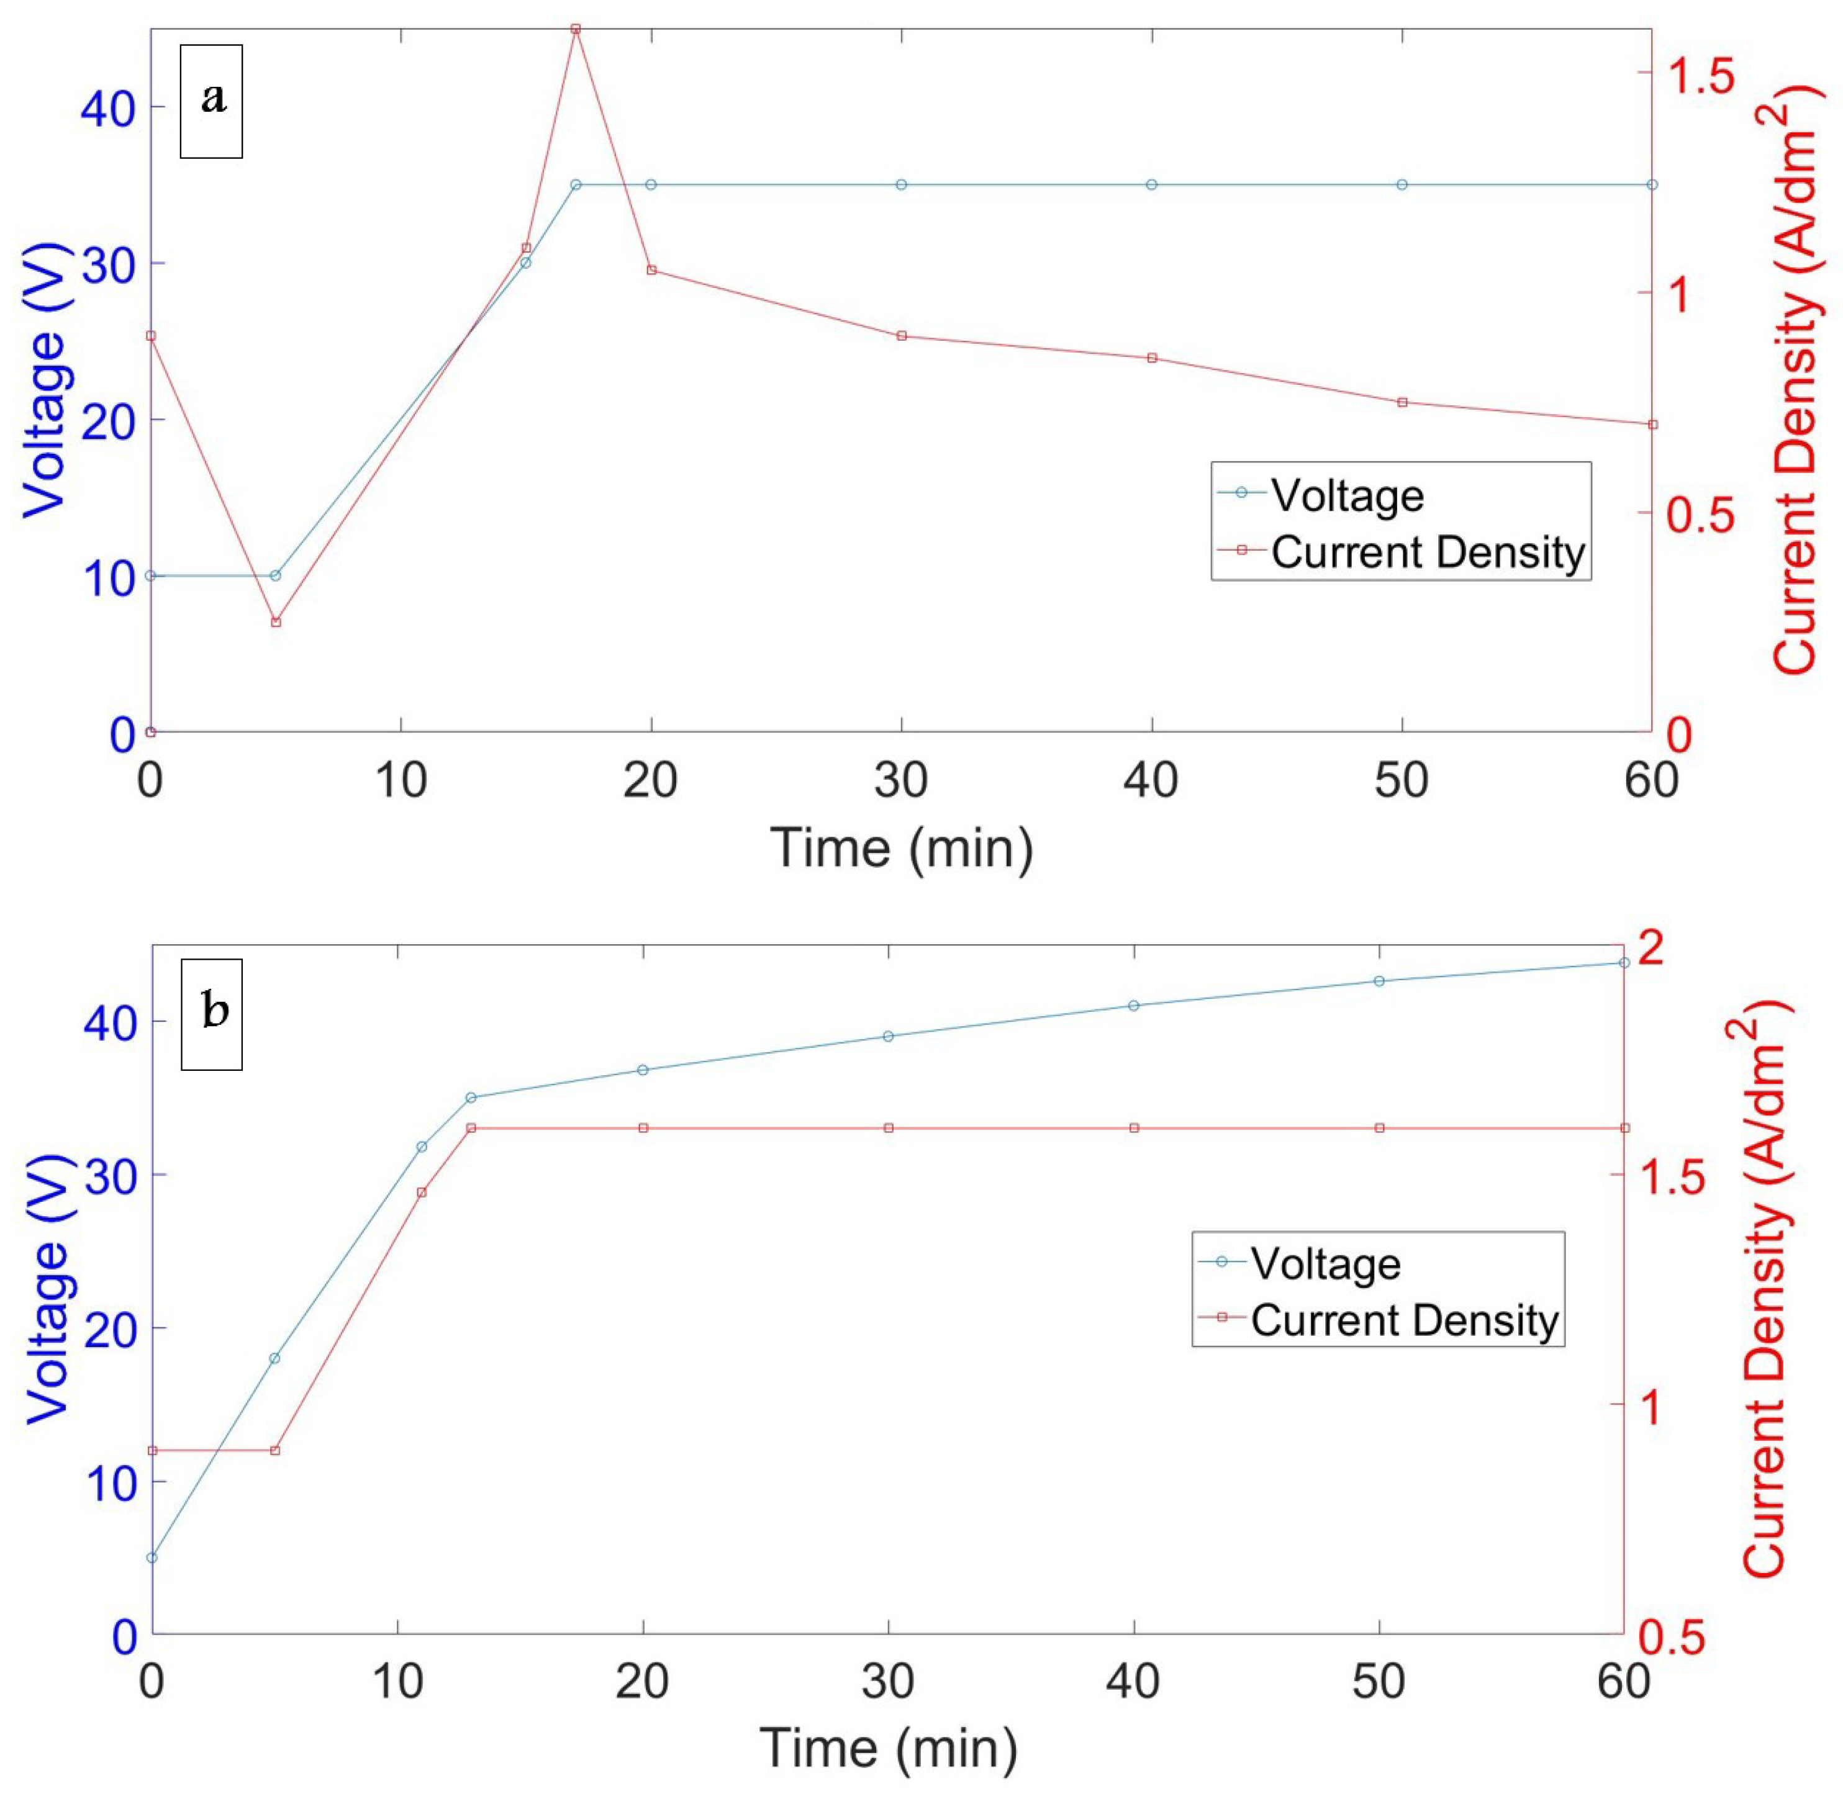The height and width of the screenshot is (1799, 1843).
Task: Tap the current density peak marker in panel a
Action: (x=576, y=29)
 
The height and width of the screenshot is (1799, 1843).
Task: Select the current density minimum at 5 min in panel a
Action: (x=276, y=622)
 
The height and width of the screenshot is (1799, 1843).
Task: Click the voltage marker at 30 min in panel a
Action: (x=901, y=184)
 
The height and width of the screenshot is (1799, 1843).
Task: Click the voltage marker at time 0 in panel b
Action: (x=152, y=1557)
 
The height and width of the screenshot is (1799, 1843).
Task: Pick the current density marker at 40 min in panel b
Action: (x=1134, y=1128)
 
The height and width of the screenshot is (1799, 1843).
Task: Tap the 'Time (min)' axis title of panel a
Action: (x=901, y=847)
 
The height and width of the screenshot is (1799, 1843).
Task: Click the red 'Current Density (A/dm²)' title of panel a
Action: (x=1798, y=378)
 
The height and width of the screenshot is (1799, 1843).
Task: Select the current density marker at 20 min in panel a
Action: (x=651, y=270)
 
